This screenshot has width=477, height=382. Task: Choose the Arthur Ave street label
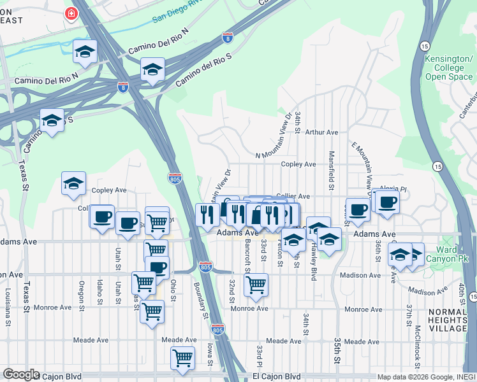pyautogui.click(x=321, y=132)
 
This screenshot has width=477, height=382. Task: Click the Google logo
pyautogui.click(x=21, y=374)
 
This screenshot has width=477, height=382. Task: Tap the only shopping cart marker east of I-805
pyautogui.click(x=256, y=284)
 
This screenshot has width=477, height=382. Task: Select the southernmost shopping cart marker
pyautogui.click(x=182, y=358)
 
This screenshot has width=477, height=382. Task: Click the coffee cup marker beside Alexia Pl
pyautogui.click(x=386, y=203)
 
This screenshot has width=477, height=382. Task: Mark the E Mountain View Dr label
pyautogui.click(x=362, y=164)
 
